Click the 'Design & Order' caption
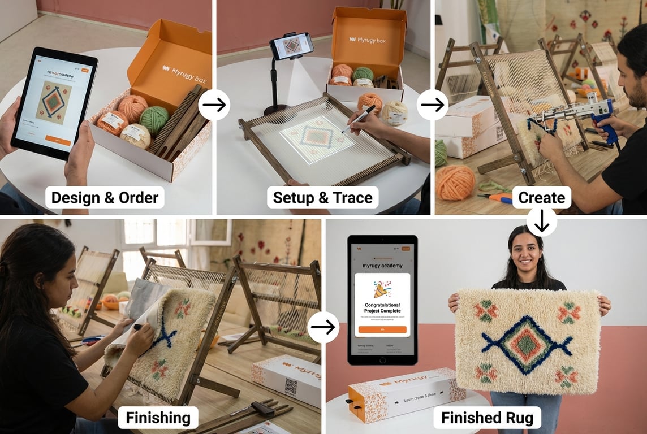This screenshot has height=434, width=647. coord(105,197)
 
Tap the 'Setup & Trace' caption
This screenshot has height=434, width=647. coord(322,197)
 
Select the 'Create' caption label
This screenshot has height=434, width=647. coord(541,197)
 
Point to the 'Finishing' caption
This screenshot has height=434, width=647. coord(158,418)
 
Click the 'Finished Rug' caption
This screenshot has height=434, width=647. coord(487,418)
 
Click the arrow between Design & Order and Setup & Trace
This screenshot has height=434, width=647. coord(214,105)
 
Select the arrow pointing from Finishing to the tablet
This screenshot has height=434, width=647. coord(323,327)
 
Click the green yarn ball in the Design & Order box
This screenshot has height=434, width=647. coord(154,119)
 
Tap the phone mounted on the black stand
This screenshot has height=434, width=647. coord(291,46)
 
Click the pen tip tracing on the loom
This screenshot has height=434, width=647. coord(343,132)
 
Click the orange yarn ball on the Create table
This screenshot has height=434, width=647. coord(455,182)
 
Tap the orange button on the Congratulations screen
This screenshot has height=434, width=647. coord(382,329)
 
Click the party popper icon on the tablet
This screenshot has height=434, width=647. coord(382,289)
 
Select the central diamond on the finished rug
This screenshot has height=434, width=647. coord(527,345)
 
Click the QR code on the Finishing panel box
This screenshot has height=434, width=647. coord(291,387)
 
